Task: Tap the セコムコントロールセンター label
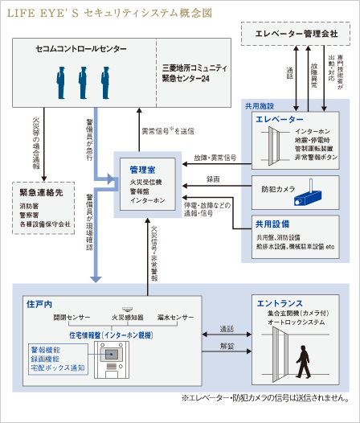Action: [81, 50]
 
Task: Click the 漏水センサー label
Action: [177, 318]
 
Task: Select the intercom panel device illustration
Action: [113, 357]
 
